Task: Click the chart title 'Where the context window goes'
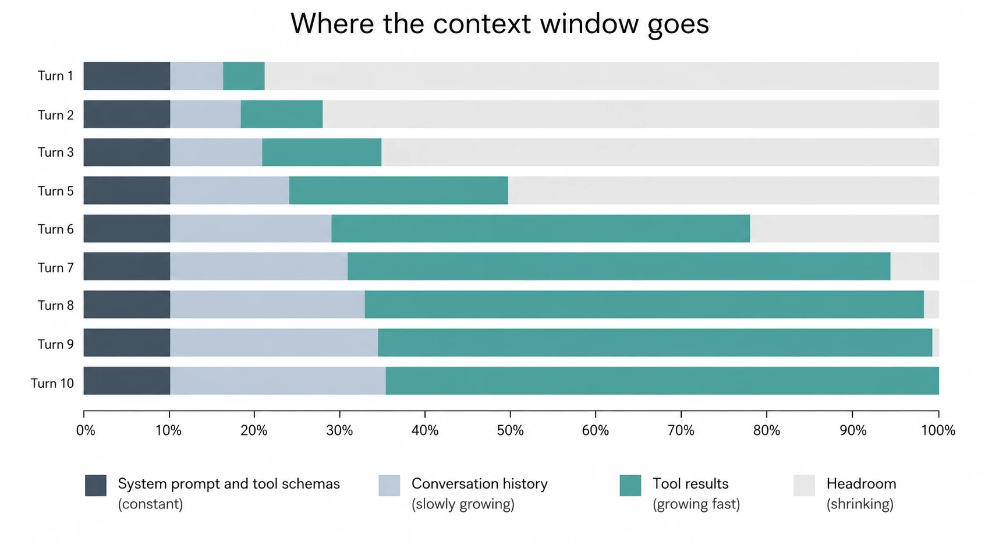click(x=499, y=24)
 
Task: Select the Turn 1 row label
click(x=55, y=76)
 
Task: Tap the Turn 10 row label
click(x=52, y=383)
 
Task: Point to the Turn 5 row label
click(x=55, y=191)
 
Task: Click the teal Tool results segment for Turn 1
click(x=243, y=76)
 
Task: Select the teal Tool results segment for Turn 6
click(x=540, y=229)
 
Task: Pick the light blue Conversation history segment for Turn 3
click(x=216, y=152)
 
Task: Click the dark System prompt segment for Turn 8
click(x=127, y=305)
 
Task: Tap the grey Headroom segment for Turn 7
click(x=915, y=266)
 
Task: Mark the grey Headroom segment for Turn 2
click(x=630, y=114)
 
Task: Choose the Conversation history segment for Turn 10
click(x=278, y=381)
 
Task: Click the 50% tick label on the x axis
click(x=510, y=430)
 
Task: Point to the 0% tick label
click(x=86, y=430)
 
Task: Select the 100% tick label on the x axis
click(x=938, y=430)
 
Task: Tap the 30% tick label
click(x=339, y=430)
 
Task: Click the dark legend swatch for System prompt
click(x=95, y=486)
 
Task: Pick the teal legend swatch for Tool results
click(x=630, y=486)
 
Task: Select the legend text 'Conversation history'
click(x=479, y=484)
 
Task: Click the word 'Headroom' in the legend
click(x=861, y=484)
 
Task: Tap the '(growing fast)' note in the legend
click(x=696, y=504)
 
